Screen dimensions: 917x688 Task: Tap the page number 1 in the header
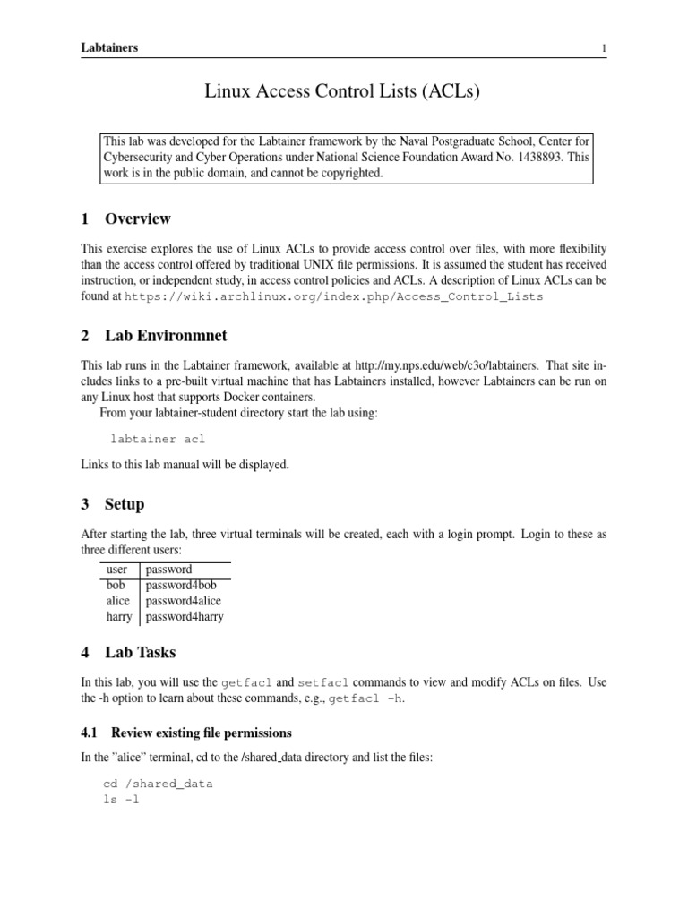[x=604, y=47]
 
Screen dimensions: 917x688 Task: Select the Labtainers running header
[x=109, y=47]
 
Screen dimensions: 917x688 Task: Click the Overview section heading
[x=138, y=219]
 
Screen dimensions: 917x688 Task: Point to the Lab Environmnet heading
[x=166, y=336]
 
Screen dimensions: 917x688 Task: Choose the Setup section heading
[x=125, y=504]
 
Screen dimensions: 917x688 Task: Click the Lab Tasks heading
[x=141, y=653]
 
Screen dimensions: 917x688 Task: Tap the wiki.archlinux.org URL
[x=333, y=296]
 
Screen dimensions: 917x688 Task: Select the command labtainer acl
[x=158, y=440]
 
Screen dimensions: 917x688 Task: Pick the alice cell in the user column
[x=117, y=601]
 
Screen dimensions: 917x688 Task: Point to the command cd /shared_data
[x=159, y=784]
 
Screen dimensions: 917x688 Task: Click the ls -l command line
[x=123, y=800]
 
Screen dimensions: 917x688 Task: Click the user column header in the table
[x=116, y=570]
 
